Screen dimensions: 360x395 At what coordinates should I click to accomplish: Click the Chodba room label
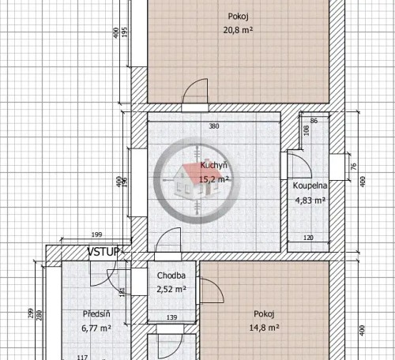(x=171, y=276)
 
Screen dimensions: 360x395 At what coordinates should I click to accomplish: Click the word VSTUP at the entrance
(x=103, y=252)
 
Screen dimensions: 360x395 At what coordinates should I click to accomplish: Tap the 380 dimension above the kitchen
(x=213, y=126)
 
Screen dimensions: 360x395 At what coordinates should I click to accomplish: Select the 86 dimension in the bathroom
(x=314, y=121)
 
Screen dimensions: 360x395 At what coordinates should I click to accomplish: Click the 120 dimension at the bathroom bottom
(x=309, y=238)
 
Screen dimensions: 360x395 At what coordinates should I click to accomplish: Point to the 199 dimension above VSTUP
(x=97, y=235)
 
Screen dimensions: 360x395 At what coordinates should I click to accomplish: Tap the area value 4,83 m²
(x=311, y=200)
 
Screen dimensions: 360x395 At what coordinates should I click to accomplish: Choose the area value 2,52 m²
(x=171, y=289)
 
